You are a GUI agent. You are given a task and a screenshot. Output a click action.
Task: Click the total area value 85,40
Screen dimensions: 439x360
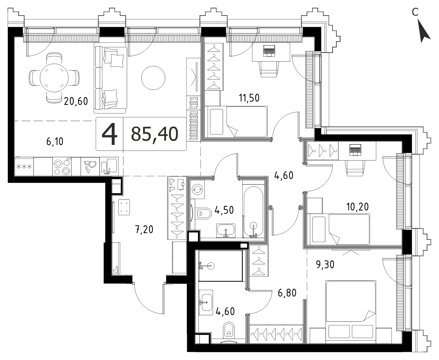pyautogui.click(x=155, y=134)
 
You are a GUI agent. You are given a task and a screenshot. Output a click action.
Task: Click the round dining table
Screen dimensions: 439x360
pyautogui.click(x=54, y=78)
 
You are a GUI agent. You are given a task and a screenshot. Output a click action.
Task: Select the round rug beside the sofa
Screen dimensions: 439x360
pyautogui.click(x=153, y=78)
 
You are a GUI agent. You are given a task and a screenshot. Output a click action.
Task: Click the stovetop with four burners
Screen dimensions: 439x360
pyautogui.click(x=62, y=166)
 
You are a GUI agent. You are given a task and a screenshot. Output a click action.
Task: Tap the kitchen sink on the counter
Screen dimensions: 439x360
pyautogui.click(x=109, y=166)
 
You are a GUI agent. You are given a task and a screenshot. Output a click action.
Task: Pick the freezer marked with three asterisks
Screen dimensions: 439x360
pyautogui.click(x=24, y=166)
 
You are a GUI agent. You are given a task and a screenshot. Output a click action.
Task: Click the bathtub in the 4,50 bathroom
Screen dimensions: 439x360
pyautogui.click(x=253, y=212)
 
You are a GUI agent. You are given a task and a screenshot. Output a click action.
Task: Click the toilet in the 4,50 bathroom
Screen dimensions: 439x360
pyautogui.click(x=204, y=213)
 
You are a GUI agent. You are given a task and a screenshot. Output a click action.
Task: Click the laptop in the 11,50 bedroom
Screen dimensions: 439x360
pyautogui.click(x=269, y=51)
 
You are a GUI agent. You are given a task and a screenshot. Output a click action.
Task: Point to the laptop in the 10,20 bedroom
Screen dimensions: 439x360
pyautogui.click(x=356, y=150)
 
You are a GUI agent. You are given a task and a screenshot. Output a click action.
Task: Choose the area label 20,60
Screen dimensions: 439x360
pyautogui.click(x=76, y=102)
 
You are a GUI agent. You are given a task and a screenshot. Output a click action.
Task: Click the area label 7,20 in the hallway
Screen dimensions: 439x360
pyautogui.click(x=144, y=230)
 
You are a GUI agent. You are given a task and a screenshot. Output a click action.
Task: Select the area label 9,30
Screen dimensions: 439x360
pyautogui.click(x=325, y=265)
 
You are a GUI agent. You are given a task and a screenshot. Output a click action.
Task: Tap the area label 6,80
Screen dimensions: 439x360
pyautogui.click(x=287, y=293)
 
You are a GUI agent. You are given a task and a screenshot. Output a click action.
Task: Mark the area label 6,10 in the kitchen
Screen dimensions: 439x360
pyautogui.click(x=55, y=142)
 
